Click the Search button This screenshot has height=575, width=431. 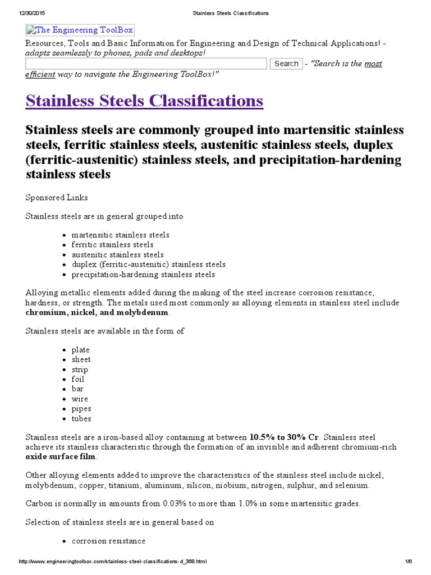tap(286, 63)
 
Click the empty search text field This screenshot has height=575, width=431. tap(146, 63)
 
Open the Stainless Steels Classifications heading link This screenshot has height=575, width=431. tap(144, 101)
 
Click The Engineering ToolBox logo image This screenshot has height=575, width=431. tap(80, 30)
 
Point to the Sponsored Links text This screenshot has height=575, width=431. tap(57, 197)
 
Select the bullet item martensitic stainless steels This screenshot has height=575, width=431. tap(120, 235)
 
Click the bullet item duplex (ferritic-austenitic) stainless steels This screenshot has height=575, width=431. tap(148, 264)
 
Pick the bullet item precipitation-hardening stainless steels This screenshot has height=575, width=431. tap(143, 274)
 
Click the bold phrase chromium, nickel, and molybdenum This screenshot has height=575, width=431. tap(97, 312)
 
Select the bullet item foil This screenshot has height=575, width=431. tap(78, 379)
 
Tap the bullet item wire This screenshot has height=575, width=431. tap(80, 399)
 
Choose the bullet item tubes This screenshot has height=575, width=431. tap(81, 418)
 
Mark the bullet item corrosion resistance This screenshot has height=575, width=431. tap(108, 541)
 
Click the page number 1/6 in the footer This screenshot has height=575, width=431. tap(408, 562)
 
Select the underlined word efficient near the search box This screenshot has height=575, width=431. tap(40, 74)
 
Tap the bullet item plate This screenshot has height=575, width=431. tap(80, 350)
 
